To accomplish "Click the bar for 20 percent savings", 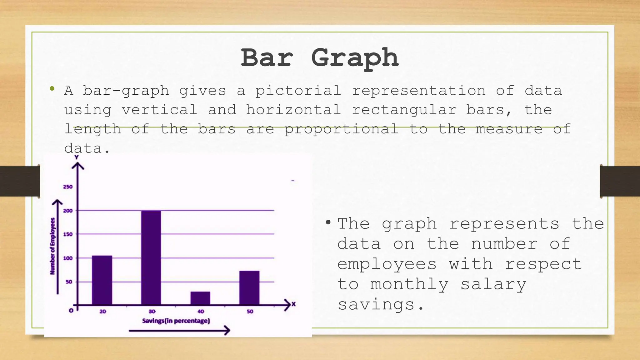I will pyautogui.click(x=102, y=280).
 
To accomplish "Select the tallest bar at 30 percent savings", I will pyautogui.click(x=151, y=257).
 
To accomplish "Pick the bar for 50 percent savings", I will pyautogui.click(x=249, y=287).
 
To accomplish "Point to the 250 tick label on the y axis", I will pyautogui.click(x=68, y=187).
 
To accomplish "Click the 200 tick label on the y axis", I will pyautogui.click(x=68, y=211).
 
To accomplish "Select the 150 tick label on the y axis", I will pyautogui.click(x=68, y=234).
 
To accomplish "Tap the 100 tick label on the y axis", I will pyautogui.click(x=68, y=258).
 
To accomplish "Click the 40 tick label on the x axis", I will pyautogui.click(x=201, y=312).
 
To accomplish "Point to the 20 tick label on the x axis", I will pyautogui.click(x=103, y=312).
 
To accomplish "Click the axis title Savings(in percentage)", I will pyautogui.click(x=176, y=321).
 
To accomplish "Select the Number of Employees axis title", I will pyautogui.click(x=53, y=246).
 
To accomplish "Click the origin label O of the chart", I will pyautogui.click(x=71, y=311).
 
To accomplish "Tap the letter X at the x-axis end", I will pyautogui.click(x=293, y=304).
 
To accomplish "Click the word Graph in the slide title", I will pyautogui.click(x=355, y=58).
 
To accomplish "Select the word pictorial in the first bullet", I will pyautogui.click(x=298, y=91).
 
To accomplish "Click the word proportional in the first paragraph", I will pyautogui.click(x=341, y=129).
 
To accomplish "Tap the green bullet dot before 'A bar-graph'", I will pyautogui.click(x=52, y=89).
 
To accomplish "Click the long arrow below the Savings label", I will pyautogui.click(x=179, y=330).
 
